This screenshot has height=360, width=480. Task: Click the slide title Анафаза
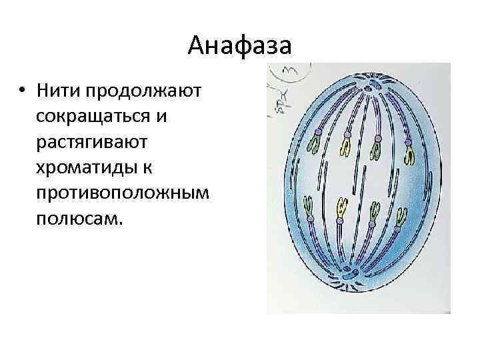(239, 45)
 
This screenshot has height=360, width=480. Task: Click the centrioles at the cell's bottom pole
(349, 273)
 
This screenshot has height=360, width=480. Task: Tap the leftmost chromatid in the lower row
(309, 208)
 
